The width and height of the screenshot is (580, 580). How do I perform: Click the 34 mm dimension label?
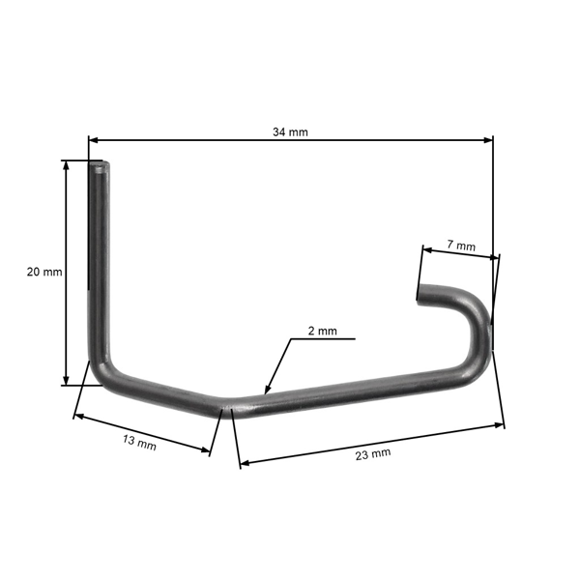click(x=291, y=131)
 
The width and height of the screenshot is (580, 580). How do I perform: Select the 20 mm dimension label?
click(x=44, y=273)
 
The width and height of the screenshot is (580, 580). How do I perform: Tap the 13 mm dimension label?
click(x=140, y=444)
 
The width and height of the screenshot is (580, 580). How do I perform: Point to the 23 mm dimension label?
click(x=373, y=452)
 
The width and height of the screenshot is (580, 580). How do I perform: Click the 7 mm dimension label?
click(x=462, y=246)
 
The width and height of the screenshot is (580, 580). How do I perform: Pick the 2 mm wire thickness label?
click(x=322, y=331)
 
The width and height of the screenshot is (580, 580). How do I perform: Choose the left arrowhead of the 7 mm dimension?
click(x=426, y=247)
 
